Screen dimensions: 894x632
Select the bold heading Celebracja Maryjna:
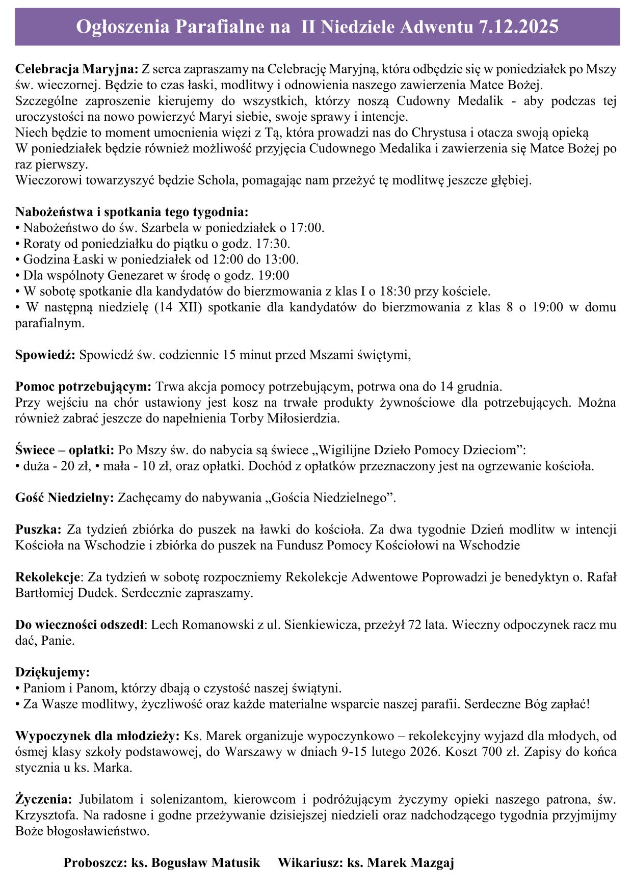click(x=77, y=69)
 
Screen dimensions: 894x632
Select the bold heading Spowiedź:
click(x=45, y=355)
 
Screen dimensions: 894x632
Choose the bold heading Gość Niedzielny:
click(x=65, y=498)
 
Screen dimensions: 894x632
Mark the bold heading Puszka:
click(x=38, y=530)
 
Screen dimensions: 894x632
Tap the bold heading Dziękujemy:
click(x=52, y=672)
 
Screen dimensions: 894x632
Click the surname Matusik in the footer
click(x=235, y=863)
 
